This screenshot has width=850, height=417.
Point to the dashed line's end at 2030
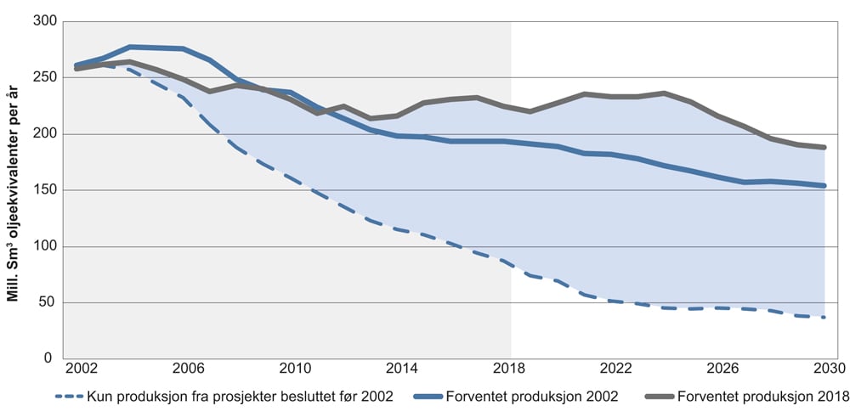pyautogui.click(x=824, y=318)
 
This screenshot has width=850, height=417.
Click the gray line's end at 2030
pyautogui.click(x=824, y=147)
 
